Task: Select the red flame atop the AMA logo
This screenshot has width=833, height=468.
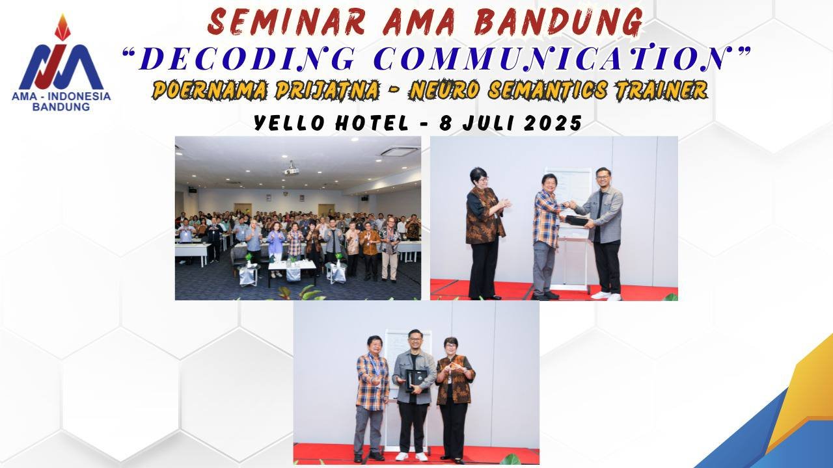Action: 62,27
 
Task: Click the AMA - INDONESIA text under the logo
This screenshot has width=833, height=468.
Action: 61,96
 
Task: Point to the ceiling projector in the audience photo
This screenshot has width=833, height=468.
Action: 292,170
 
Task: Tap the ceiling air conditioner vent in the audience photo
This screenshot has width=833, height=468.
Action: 399,151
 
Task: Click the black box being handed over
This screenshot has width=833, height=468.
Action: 577,220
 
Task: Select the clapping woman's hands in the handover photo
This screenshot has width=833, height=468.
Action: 503,203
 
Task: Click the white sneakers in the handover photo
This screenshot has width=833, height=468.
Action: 605,295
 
